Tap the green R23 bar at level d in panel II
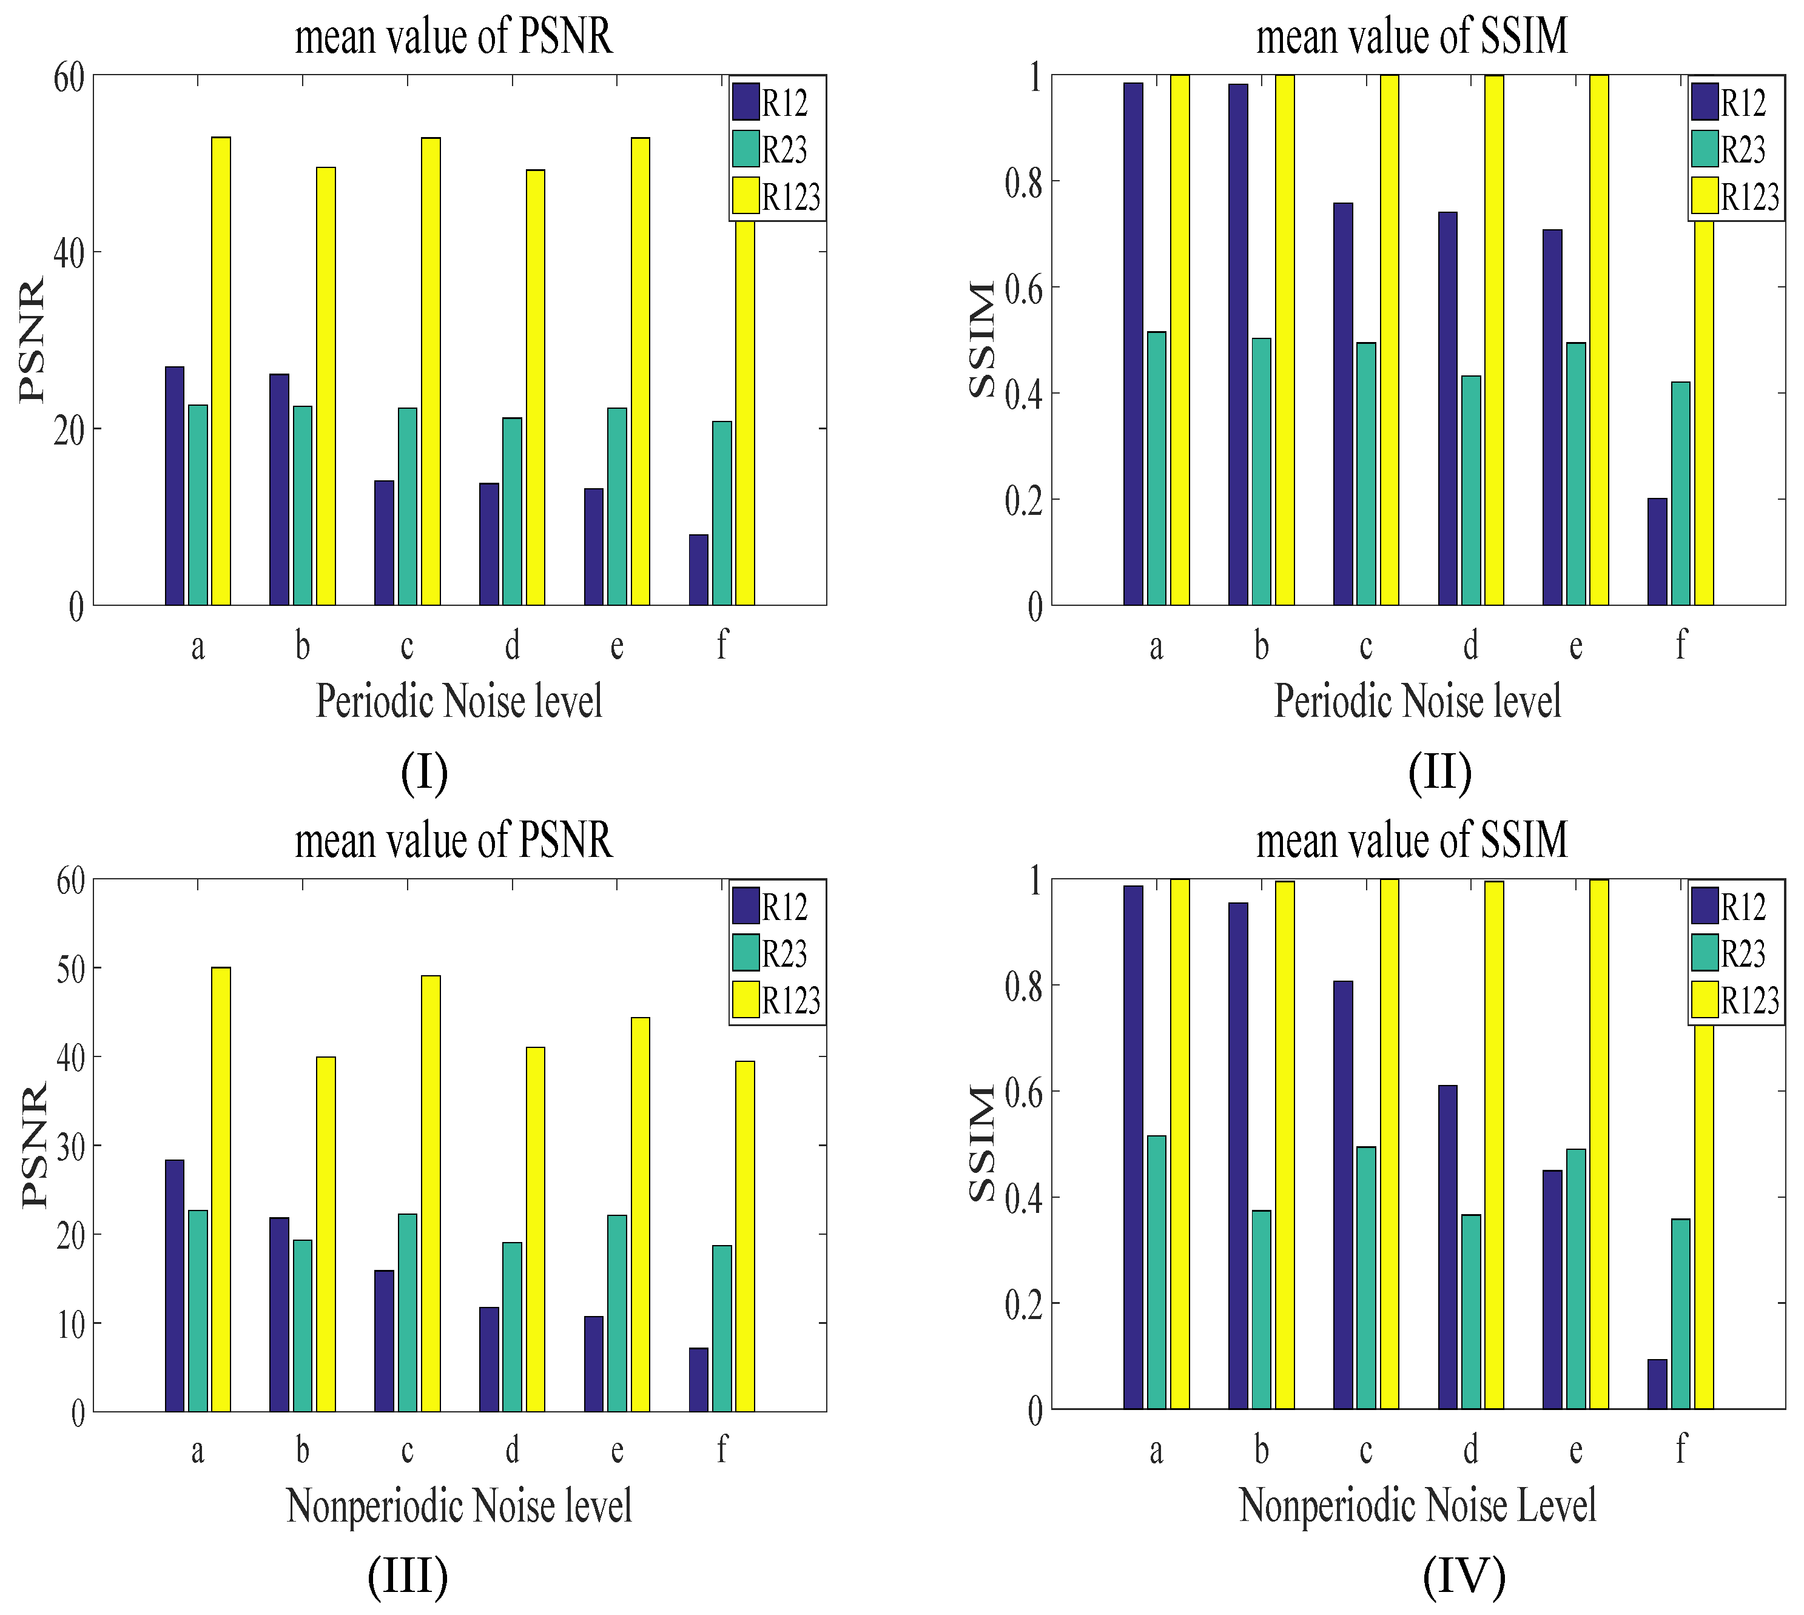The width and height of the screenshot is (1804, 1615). pyautogui.click(x=1470, y=490)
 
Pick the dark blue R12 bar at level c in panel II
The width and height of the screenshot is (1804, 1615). pyautogui.click(x=1342, y=404)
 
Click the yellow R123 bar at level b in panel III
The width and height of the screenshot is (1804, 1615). pyautogui.click(x=326, y=1234)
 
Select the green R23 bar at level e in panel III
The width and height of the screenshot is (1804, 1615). pyautogui.click(x=617, y=1314)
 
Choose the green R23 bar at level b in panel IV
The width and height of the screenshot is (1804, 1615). pyautogui.click(x=1261, y=1309)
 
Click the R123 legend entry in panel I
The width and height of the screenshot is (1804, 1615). pyautogui.click(x=777, y=196)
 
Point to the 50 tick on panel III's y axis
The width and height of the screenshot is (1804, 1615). pyautogui.click(x=70, y=968)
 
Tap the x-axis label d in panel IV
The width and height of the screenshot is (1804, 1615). pyautogui.click(x=1470, y=1451)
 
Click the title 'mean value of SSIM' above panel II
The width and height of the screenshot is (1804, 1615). pyautogui.click(x=1411, y=37)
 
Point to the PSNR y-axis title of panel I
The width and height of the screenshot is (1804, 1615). pyautogui.click(x=32, y=341)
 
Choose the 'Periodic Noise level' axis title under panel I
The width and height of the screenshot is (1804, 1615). pyautogui.click(x=459, y=701)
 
